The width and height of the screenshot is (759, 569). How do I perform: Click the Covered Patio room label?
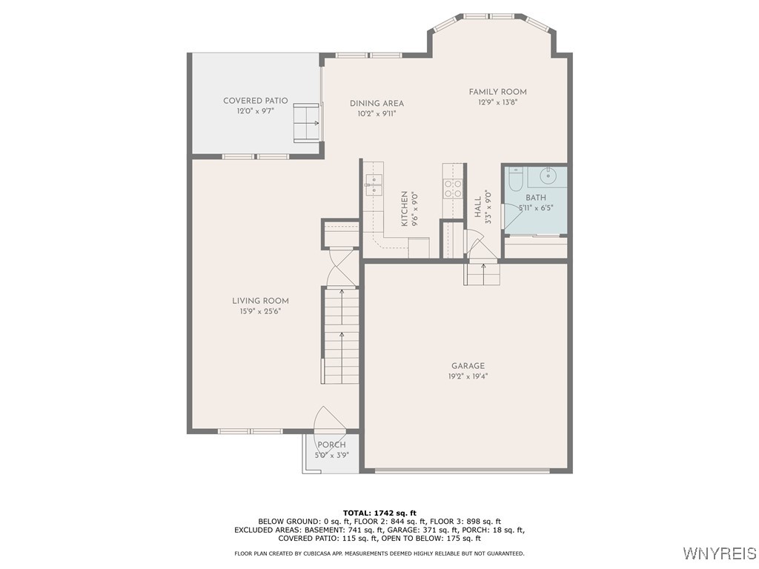(x=255, y=101)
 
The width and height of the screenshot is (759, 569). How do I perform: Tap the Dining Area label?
(x=377, y=104)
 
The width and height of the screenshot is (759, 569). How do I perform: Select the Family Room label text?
(x=497, y=92)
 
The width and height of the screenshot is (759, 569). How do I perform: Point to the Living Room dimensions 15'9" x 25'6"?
(x=260, y=311)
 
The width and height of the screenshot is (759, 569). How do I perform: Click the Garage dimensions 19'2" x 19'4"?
(x=468, y=376)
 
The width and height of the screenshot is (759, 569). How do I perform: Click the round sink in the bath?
(x=548, y=176)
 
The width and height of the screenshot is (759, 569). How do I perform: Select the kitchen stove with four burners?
(x=452, y=188)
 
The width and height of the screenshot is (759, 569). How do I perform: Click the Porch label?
(x=331, y=445)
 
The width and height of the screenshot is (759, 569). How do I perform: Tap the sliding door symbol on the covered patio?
(x=307, y=122)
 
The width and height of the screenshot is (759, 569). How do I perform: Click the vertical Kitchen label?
(x=405, y=208)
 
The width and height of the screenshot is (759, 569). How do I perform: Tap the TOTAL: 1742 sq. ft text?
(x=379, y=513)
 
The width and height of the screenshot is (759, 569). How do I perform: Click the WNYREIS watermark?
(x=720, y=553)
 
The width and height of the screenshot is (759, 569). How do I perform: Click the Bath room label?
(x=535, y=198)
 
